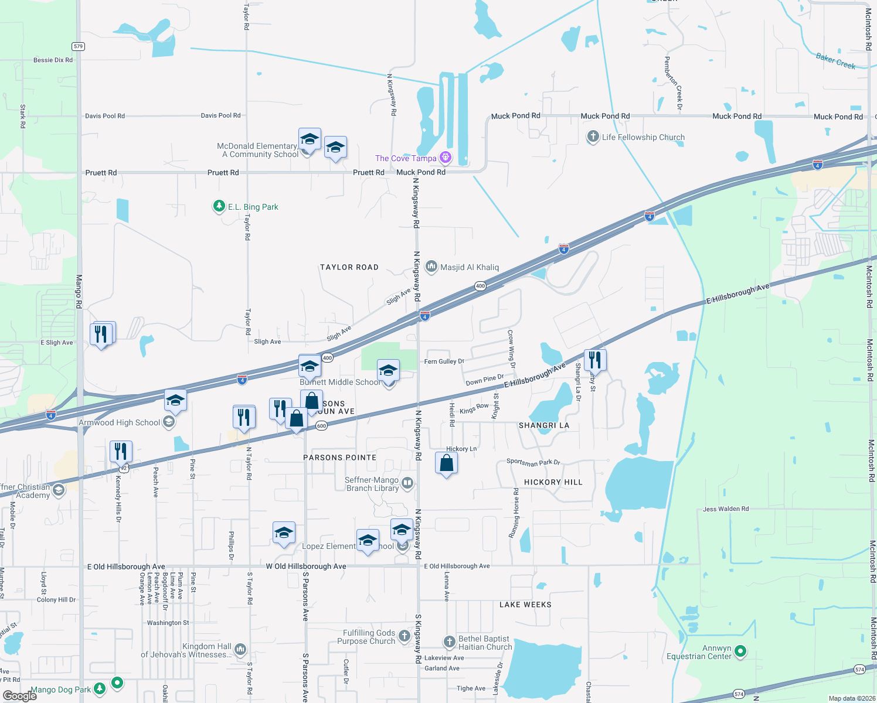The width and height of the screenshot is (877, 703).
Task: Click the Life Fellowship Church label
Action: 643,137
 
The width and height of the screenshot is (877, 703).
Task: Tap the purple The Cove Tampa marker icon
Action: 446,157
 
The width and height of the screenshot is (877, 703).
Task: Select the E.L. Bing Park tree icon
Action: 219,206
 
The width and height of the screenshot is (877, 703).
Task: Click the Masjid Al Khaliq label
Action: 470,267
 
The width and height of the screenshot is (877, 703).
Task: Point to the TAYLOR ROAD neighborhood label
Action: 349,267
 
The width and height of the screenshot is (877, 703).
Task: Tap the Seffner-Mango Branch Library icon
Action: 407,483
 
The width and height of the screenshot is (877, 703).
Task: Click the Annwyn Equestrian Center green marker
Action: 740,651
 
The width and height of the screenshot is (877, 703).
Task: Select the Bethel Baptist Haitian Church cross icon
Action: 450,642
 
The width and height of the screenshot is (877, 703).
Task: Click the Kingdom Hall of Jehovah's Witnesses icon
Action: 240,649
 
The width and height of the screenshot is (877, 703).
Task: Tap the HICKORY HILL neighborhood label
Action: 553,482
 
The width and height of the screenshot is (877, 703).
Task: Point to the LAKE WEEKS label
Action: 525,605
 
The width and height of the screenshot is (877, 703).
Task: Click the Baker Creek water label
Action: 835,61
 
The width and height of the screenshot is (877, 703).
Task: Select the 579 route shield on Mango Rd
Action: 79,46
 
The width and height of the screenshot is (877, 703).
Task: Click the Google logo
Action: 19,696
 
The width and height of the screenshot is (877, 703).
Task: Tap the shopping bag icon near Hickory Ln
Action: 447,463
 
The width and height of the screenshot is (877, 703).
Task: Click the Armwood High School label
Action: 120,422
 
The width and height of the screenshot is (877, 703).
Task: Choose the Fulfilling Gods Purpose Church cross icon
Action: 404,636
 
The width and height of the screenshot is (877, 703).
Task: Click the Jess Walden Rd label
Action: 726,509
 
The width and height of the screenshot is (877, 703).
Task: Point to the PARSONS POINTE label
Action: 340,458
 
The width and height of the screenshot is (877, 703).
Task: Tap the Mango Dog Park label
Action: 61,690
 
